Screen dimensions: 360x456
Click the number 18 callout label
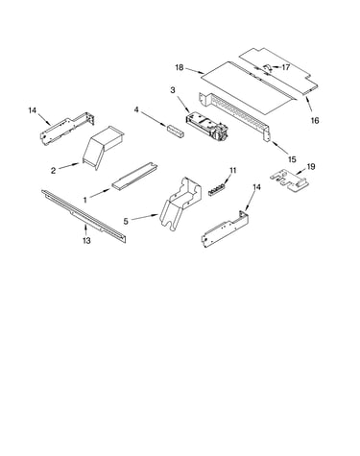coord(180,67)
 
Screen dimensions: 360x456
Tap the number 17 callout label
coord(285,67)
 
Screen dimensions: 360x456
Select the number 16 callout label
coord(315,120)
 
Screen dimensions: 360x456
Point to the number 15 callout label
coord(292,159)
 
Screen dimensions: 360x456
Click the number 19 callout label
coord(311,166)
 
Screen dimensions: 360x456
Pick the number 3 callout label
coord(173,90)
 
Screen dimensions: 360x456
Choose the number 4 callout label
coord(136,109)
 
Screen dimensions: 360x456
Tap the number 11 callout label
coord(232,171)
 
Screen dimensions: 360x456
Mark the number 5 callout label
coord(126,221)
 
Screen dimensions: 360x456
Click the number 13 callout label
coord(86,240)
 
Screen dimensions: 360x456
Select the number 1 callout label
coord(85,200)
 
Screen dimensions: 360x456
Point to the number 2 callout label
coord(53,171)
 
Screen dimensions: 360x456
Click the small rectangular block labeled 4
coord(175,132)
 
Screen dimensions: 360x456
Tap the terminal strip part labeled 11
coord(218,190)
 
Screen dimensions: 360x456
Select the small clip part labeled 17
coord(267,68)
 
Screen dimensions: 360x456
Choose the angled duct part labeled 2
coord(102,146)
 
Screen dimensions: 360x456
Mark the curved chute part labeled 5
coord(180,203)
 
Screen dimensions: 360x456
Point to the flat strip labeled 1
coord(134,177)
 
